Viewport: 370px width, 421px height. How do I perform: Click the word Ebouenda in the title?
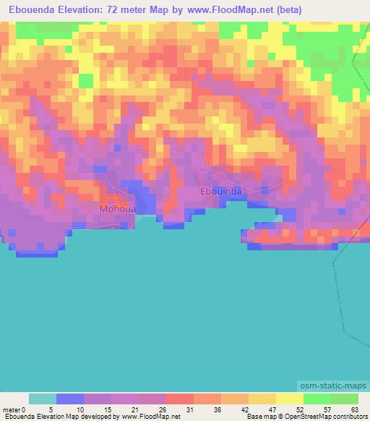coord(29,10)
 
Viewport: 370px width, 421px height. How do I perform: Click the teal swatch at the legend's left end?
coord(43,399)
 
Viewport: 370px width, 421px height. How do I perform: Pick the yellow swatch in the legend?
coord(289,399)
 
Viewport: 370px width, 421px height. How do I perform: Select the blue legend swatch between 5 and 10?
coord(70,399)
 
